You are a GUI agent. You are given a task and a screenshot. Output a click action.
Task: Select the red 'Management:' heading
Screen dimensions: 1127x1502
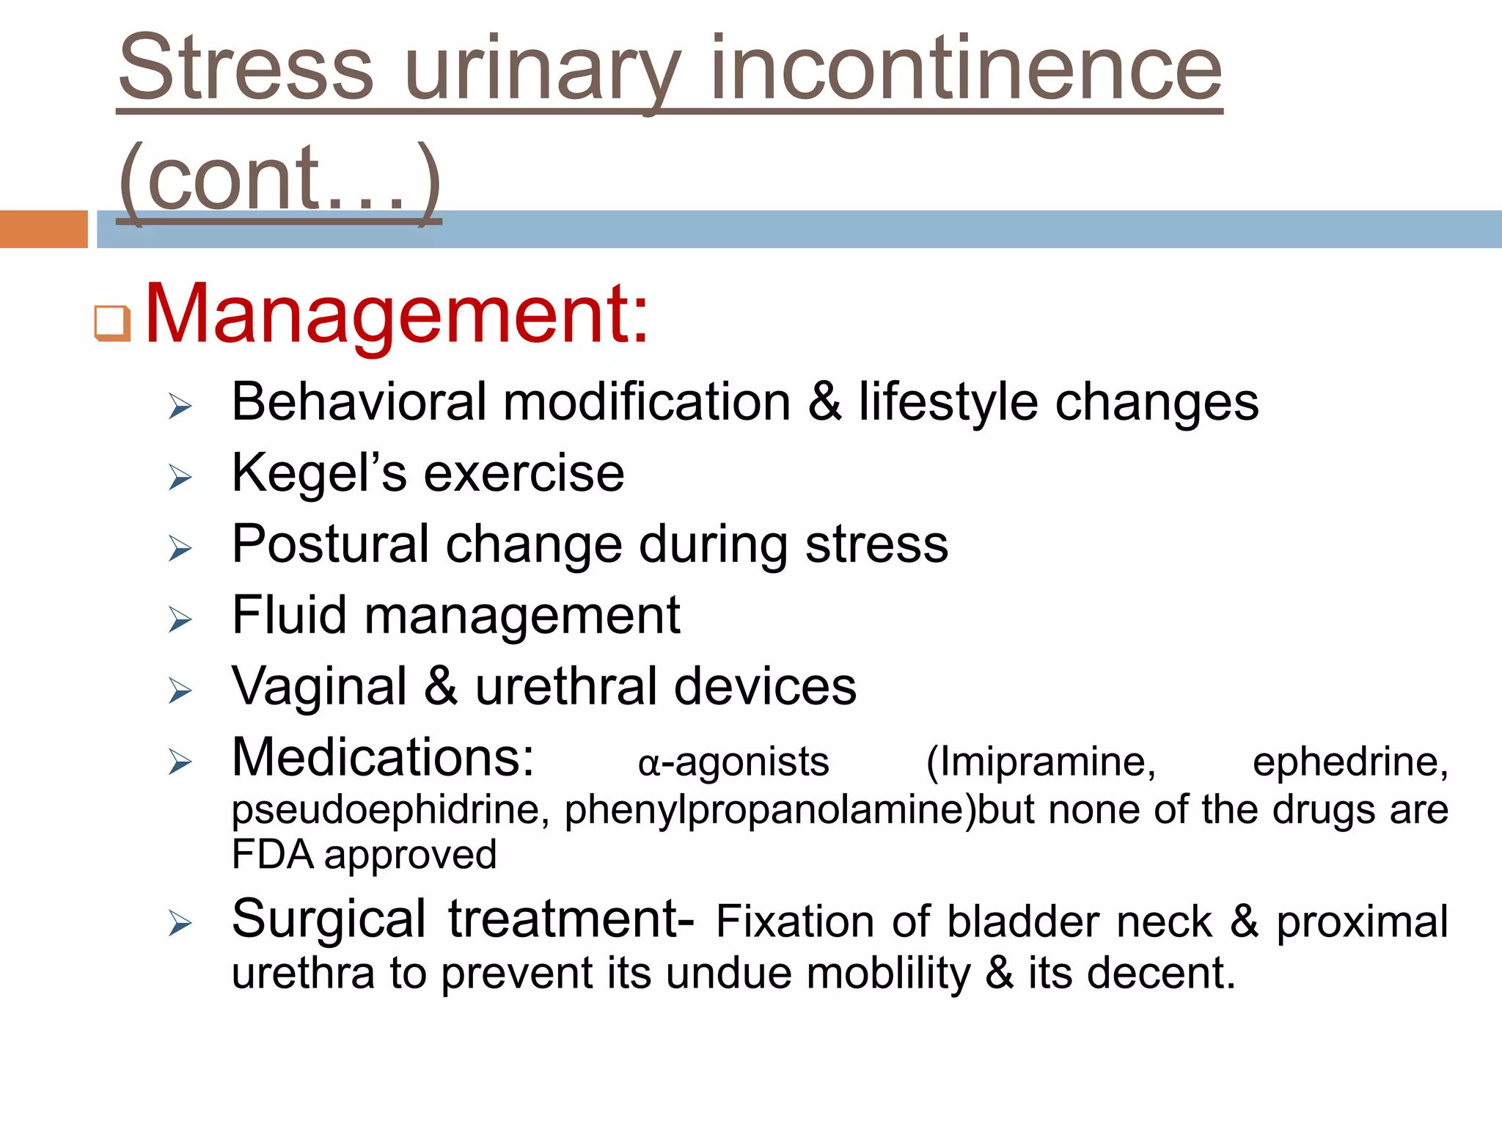coord(397,313)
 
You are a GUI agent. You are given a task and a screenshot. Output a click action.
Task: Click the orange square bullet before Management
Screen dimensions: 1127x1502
coord(112,324)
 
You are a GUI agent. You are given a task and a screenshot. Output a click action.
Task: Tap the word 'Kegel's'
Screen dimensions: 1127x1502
coord(318,473)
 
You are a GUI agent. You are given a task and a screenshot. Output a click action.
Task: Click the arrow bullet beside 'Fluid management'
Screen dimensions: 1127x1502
coord(179,619)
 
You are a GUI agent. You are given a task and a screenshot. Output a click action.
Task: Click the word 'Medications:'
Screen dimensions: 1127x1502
coord(383,757)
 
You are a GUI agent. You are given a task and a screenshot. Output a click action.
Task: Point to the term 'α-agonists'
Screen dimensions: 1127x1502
coord(733,762)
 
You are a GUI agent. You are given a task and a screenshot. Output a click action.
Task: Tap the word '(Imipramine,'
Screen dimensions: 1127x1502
coord(1041,762)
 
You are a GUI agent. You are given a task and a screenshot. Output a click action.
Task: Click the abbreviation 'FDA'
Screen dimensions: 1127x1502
coord(272,855)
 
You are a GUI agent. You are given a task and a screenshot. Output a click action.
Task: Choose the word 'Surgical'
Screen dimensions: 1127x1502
coord(329,919)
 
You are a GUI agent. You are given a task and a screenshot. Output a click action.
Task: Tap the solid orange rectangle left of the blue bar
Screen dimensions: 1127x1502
coord(43,229)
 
